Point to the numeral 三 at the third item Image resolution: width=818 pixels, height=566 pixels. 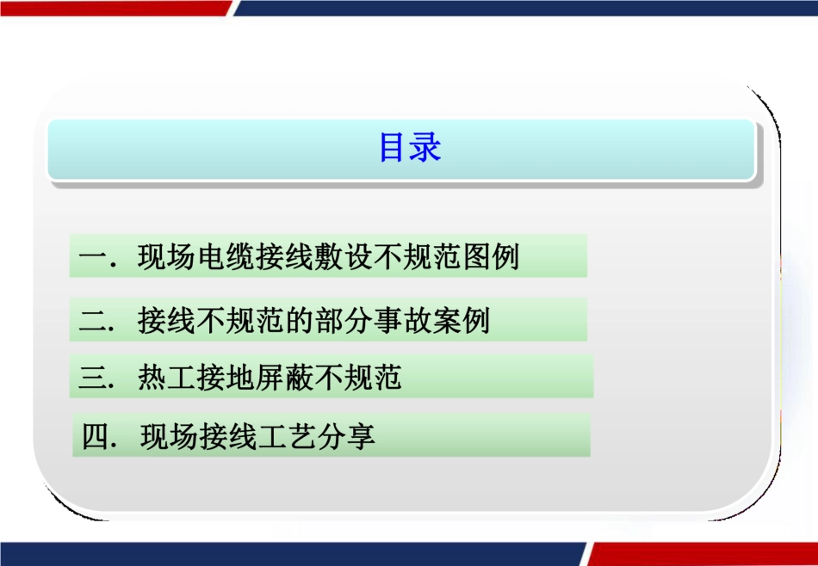[91, 378]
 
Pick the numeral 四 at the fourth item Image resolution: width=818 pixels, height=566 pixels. [93, 437]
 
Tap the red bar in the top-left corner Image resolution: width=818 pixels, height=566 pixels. [112, 7]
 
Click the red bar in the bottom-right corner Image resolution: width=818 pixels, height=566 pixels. [702, 554]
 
